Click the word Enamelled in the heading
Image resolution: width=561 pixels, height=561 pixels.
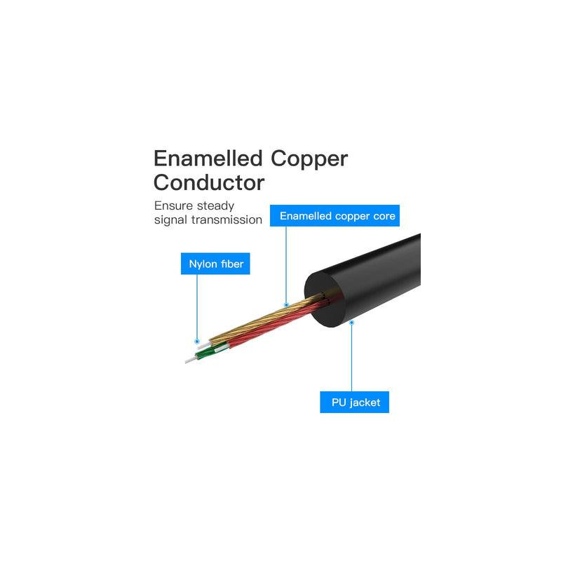click(x=208, y=158)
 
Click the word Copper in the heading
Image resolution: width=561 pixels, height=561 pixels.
click(x=309, y=160)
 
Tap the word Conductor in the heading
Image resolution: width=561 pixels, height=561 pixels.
click(x=209, y=182)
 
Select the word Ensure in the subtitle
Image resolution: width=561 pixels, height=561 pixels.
click(x=173, y=205)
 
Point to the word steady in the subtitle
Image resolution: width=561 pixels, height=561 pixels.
click(x=216, y=206)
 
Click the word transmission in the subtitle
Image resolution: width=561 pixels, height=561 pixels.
click(x=227, y=219)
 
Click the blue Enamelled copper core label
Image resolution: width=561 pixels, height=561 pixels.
click(x=334, y=216)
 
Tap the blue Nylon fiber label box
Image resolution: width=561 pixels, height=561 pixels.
click(x=215, y=264)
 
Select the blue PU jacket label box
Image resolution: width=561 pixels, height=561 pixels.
click(x=355, y=402)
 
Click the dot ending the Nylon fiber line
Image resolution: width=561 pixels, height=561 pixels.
click(x=197, y=342)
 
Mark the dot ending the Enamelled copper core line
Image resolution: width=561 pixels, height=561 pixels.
click(x=286, y=305)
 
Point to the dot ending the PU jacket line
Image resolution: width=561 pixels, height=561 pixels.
click(x=352, y=323)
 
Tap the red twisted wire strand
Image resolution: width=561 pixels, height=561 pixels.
click(x=278, y=324)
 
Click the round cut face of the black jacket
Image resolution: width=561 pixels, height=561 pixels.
click(x=325, y=299)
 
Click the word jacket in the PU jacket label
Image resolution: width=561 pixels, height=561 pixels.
click(x=365, y=403)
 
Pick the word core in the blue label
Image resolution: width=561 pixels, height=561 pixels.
click(x=384, y=216)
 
